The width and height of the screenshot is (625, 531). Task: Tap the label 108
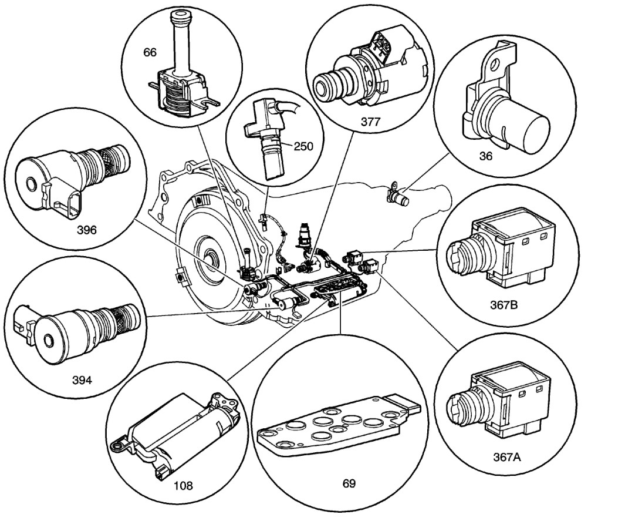pos(183,485)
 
